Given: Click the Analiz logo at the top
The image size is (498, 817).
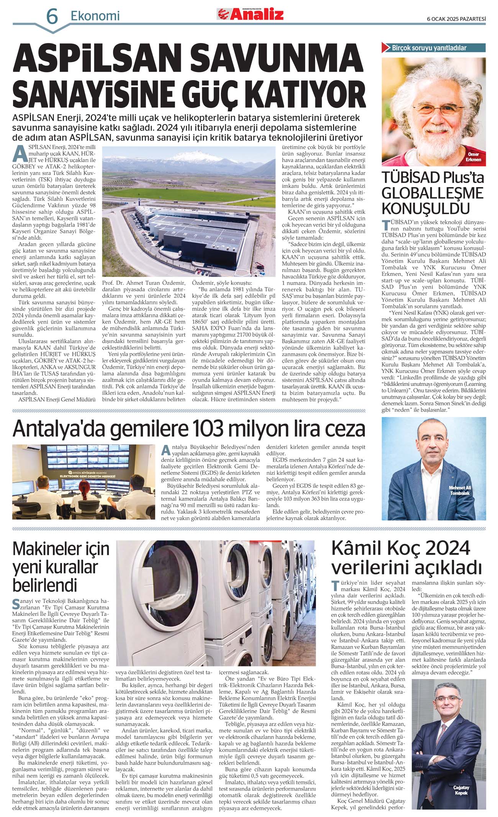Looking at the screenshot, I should click(251, 14).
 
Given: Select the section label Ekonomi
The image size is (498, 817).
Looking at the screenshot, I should click(95, 16).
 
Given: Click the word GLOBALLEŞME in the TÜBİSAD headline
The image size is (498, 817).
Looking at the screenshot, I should click(432, 193).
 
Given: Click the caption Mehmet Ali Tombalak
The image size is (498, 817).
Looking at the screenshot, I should click(460, 491).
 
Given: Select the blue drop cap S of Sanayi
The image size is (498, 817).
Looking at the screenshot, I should click(16, 604).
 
